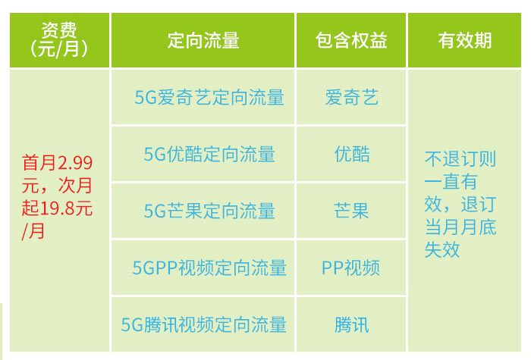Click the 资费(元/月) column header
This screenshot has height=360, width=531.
pos(59,40)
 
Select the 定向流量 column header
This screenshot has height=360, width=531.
pos(203,41)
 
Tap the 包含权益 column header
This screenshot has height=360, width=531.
pos(351,41)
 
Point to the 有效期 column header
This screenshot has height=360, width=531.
pos(464,41)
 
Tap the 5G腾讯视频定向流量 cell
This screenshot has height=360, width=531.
pos(203,324)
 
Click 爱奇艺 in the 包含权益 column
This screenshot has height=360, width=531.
pos(351,97)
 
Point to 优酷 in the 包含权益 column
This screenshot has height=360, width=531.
pos(352,154)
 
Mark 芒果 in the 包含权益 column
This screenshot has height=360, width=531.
pos(351,211)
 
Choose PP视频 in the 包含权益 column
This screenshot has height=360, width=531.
pos(350,268)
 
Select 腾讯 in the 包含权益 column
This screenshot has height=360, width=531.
pos(352,324)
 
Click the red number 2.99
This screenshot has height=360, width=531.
pos(75,163)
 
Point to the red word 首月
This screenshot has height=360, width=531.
pos(39,163)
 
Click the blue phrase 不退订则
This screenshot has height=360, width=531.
pos(460,158)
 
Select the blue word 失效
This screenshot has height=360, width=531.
pos(442,249)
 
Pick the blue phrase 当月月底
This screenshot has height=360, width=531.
pos(460,227)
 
